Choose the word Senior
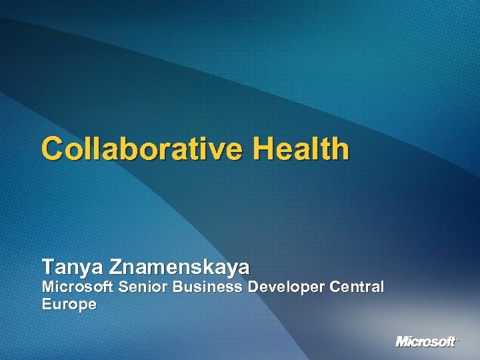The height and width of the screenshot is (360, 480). (143, 287)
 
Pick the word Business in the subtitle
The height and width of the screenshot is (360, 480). (208, 287)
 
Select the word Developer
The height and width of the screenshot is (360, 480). (287, 287)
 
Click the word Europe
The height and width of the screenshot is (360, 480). (69, 305)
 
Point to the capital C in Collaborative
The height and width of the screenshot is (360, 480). (52, 149)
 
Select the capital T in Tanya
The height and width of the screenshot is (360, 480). (48, 268)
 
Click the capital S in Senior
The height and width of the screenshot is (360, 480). (123, 287)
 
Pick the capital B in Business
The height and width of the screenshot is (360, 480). (178, 287)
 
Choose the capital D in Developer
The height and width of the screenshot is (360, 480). (253, 287)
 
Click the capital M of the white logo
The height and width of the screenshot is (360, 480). (402, 342)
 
